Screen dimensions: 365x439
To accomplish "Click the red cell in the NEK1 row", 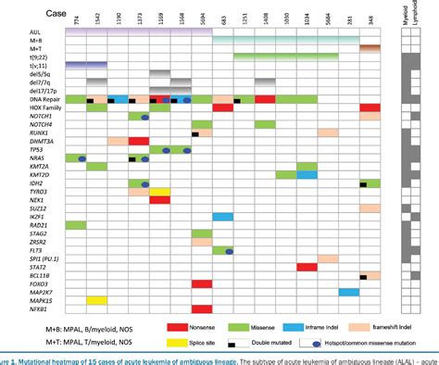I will click(160, 200).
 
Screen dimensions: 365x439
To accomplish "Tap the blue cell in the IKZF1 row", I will click(223, 217).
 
